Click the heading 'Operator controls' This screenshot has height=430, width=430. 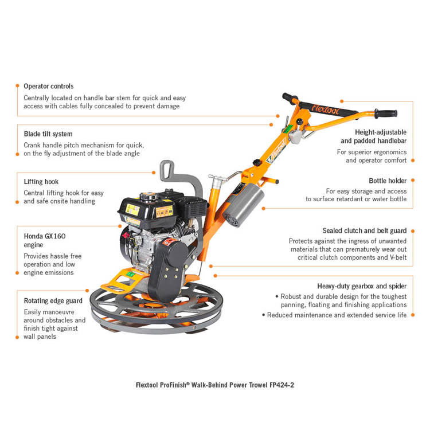[x=49, y=86]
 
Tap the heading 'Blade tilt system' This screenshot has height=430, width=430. [x=48, y=134]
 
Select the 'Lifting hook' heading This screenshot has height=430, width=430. [x=41, y=182]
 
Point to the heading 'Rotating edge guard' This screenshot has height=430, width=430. [x=53, y=300]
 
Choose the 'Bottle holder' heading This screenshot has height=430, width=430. [x=388, y=181]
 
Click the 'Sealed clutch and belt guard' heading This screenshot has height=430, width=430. [x=364, y=230]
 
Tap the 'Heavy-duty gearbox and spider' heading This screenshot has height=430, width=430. [x=362, y=286]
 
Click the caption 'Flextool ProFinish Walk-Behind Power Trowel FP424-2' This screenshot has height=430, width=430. [x=215, y=385]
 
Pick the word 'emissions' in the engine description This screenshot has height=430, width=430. [x=60, y=272]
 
